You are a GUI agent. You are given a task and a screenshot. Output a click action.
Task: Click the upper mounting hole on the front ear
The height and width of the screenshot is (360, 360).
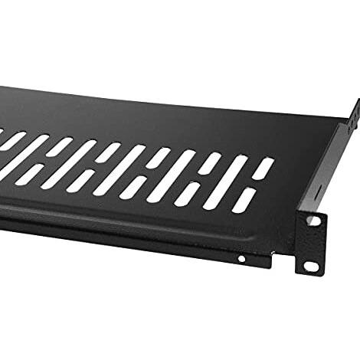point(312,221)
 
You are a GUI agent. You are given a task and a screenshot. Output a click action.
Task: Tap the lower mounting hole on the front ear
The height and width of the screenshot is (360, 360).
point(311,265)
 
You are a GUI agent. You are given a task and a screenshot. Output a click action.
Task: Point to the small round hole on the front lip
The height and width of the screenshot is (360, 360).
point(241,259)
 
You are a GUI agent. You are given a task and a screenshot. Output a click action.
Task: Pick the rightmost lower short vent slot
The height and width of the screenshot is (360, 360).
point(244,201)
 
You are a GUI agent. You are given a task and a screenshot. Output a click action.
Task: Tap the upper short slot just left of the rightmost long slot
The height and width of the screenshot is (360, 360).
point(211,163)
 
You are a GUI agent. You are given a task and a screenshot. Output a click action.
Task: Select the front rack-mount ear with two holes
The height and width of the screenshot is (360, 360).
point(309,242)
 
